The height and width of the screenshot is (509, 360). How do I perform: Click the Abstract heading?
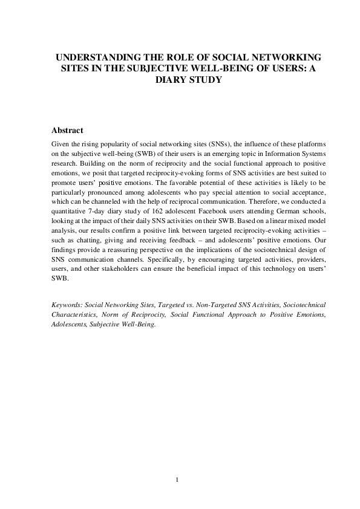click(x=67, y=131)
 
